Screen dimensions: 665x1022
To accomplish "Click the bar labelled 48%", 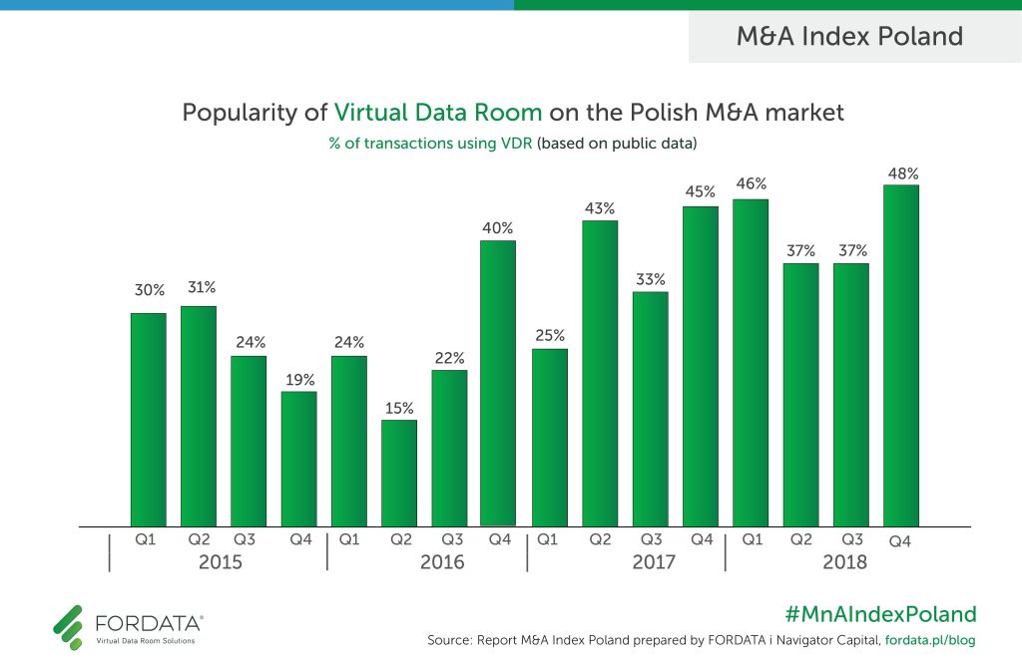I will pos(901,355).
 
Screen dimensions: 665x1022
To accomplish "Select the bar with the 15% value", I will pos(399,473).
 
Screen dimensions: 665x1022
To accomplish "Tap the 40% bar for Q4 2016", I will pos(498,383).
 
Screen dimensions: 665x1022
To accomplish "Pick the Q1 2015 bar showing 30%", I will pos(148,419).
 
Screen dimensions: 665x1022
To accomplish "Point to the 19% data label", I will pos(299,380).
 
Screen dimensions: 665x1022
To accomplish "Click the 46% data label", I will pos(751,183).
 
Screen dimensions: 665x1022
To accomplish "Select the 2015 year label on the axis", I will pos(221,562).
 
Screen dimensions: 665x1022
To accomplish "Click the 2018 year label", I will pos(844,562).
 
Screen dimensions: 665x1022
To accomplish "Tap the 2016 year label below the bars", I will pos(442,562).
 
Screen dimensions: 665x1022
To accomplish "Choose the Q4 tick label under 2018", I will pos(900,541).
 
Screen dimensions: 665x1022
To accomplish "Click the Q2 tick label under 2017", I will pos(600,539).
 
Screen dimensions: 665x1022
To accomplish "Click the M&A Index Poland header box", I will pos(849,37).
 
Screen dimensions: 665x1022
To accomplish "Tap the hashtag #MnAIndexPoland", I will pos(881,613).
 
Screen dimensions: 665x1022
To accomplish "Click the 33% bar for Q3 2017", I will pos(651,409).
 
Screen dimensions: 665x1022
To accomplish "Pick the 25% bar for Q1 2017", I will pos(550,437).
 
